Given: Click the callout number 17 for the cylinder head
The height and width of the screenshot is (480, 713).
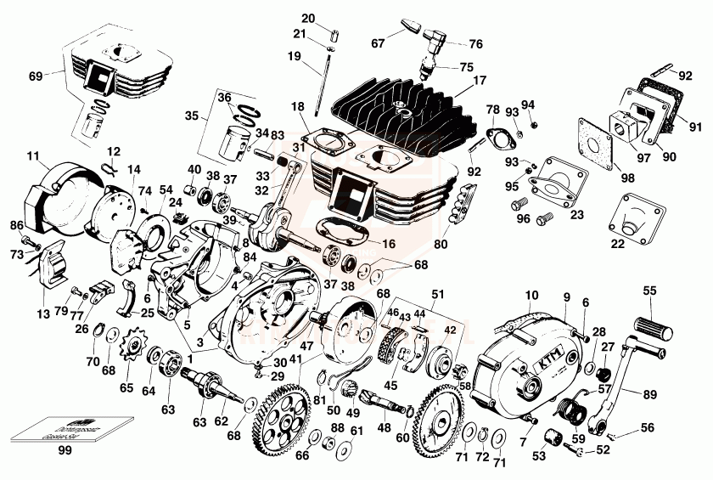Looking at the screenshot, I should click(x=480, y=81).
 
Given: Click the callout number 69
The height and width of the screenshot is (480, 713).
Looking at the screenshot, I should click(x=36, y=76).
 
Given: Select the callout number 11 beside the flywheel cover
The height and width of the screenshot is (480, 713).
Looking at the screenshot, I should click(x=33, y=156).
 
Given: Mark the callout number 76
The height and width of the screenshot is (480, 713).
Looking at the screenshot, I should click(x=475, y=43).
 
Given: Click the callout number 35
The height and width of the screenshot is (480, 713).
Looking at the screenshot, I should click(x=192, y=115).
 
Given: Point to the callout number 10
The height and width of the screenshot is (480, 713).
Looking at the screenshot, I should click(x=532, y=295).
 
